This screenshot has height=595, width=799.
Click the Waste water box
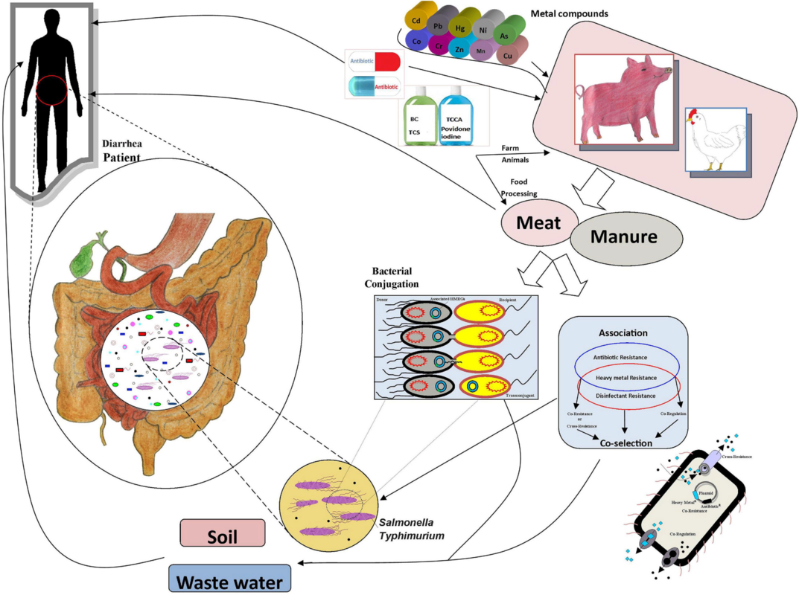(x=229, y=579)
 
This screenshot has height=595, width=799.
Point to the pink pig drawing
(x=624, y=98)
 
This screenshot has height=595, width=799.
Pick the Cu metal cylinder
(x=509, y=54)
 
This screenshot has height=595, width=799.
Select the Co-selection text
(x=626, y=443)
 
